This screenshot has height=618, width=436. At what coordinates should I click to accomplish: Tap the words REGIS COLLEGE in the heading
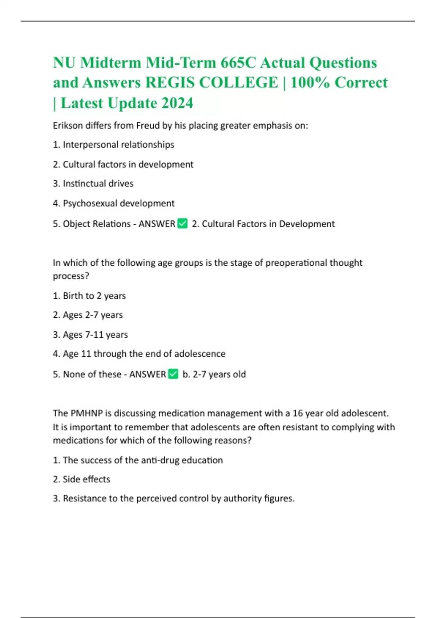[211, 83]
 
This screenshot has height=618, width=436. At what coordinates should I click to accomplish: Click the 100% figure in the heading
[310, 83]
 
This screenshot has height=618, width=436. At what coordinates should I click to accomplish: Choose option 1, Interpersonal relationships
[113, 145]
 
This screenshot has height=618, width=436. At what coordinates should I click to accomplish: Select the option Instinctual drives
[93, 184]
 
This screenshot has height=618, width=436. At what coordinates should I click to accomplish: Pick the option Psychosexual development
[114, 203]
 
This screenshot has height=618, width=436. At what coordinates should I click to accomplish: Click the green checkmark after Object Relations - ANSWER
[182, 224]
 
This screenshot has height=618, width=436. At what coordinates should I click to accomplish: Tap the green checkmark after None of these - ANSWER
[173, 374]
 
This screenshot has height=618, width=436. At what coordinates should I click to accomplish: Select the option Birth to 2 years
[89, 296]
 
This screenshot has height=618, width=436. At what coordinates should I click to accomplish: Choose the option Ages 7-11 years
[90, 334]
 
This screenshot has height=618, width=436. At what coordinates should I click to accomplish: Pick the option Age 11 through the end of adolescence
[139, 354]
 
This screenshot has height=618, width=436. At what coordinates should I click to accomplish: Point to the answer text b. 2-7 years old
[214, 374]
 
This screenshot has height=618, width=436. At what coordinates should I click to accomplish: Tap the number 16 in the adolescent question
[298, 413]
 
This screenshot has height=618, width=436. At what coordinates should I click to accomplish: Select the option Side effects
[81, 479]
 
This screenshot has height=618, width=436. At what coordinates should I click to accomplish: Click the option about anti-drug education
[138, 460]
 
